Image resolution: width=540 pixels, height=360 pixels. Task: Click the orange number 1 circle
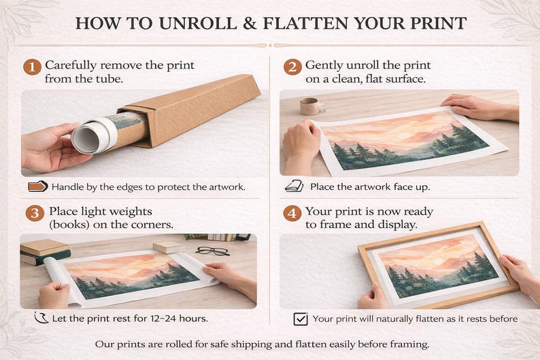33,67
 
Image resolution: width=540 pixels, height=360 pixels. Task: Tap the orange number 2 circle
292,67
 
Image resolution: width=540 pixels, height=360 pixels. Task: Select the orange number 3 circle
35,214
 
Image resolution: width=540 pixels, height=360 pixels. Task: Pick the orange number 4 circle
292,214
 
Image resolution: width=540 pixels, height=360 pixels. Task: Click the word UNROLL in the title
198,23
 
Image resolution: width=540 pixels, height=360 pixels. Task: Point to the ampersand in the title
250,23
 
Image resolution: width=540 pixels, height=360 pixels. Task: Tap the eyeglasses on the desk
213,251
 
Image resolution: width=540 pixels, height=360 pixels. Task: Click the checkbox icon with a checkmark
301,318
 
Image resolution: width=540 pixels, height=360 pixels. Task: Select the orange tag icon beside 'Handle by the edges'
38,186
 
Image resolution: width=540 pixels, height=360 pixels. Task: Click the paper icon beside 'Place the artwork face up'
294,186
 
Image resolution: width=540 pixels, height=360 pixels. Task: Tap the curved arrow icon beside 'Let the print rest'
41,318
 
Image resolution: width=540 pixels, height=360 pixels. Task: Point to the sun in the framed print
437,261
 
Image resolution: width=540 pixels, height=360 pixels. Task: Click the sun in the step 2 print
403,135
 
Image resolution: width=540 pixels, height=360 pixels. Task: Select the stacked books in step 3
45,252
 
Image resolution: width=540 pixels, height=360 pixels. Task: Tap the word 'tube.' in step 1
109,79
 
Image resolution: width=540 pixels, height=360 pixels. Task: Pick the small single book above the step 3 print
169,247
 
